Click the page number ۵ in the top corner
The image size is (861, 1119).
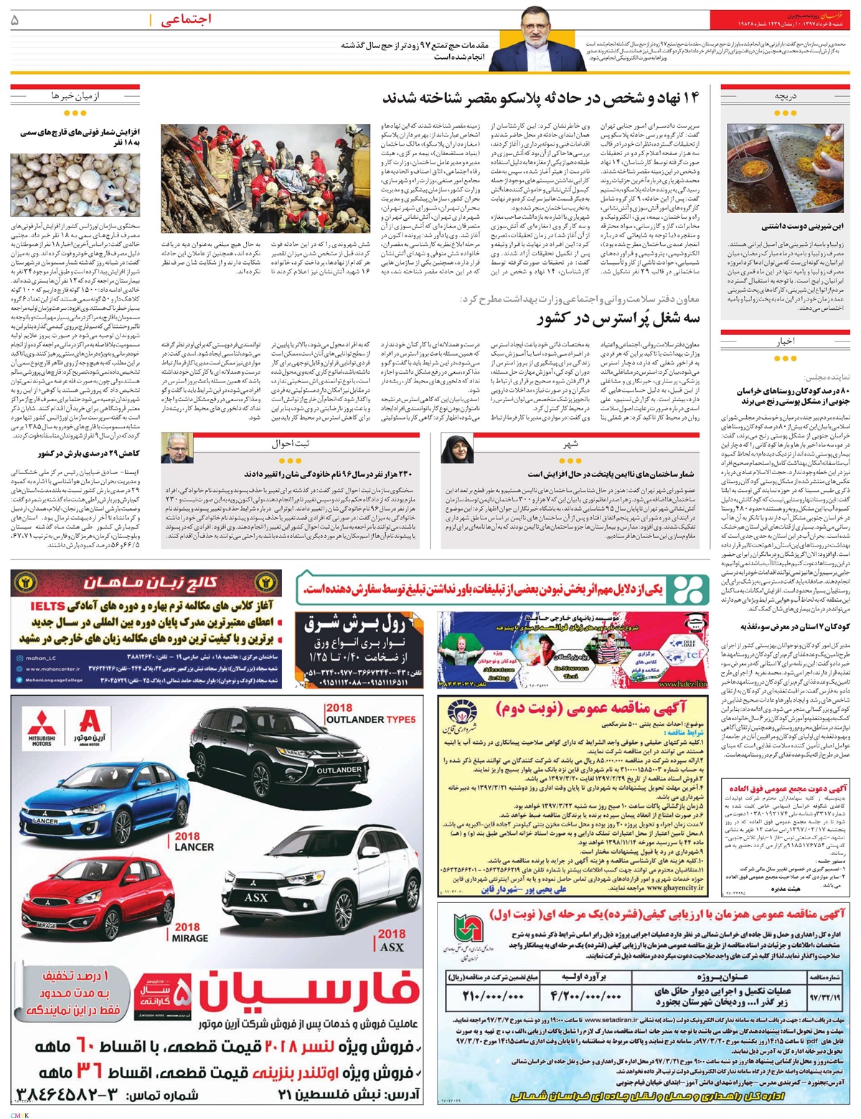pyautogui.click(x=15, y=21)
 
